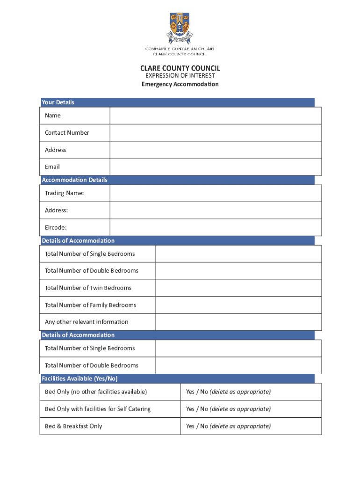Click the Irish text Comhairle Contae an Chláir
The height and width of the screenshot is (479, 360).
pos(180,49)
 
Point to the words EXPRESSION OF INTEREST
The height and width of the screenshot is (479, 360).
pos(180,76)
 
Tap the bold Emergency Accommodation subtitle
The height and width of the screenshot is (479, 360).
pos(180,84)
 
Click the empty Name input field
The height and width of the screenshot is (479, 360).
pos(216,116)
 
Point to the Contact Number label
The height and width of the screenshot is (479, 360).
pos(67,133)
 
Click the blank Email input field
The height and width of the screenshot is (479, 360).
pos(216,167)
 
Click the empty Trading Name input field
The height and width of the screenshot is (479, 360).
pos(216,193)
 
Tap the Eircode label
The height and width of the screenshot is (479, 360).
pos(56,228)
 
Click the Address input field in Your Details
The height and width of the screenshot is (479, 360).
pos(216,150)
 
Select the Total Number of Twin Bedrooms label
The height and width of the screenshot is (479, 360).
pos(88,288)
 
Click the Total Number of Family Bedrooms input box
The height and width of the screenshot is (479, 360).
pos(238,305)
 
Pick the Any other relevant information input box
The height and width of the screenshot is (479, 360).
pos(238,322)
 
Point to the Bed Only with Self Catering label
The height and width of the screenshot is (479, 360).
pos(98,409)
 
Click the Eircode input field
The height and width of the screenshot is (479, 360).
pos(216,227)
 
